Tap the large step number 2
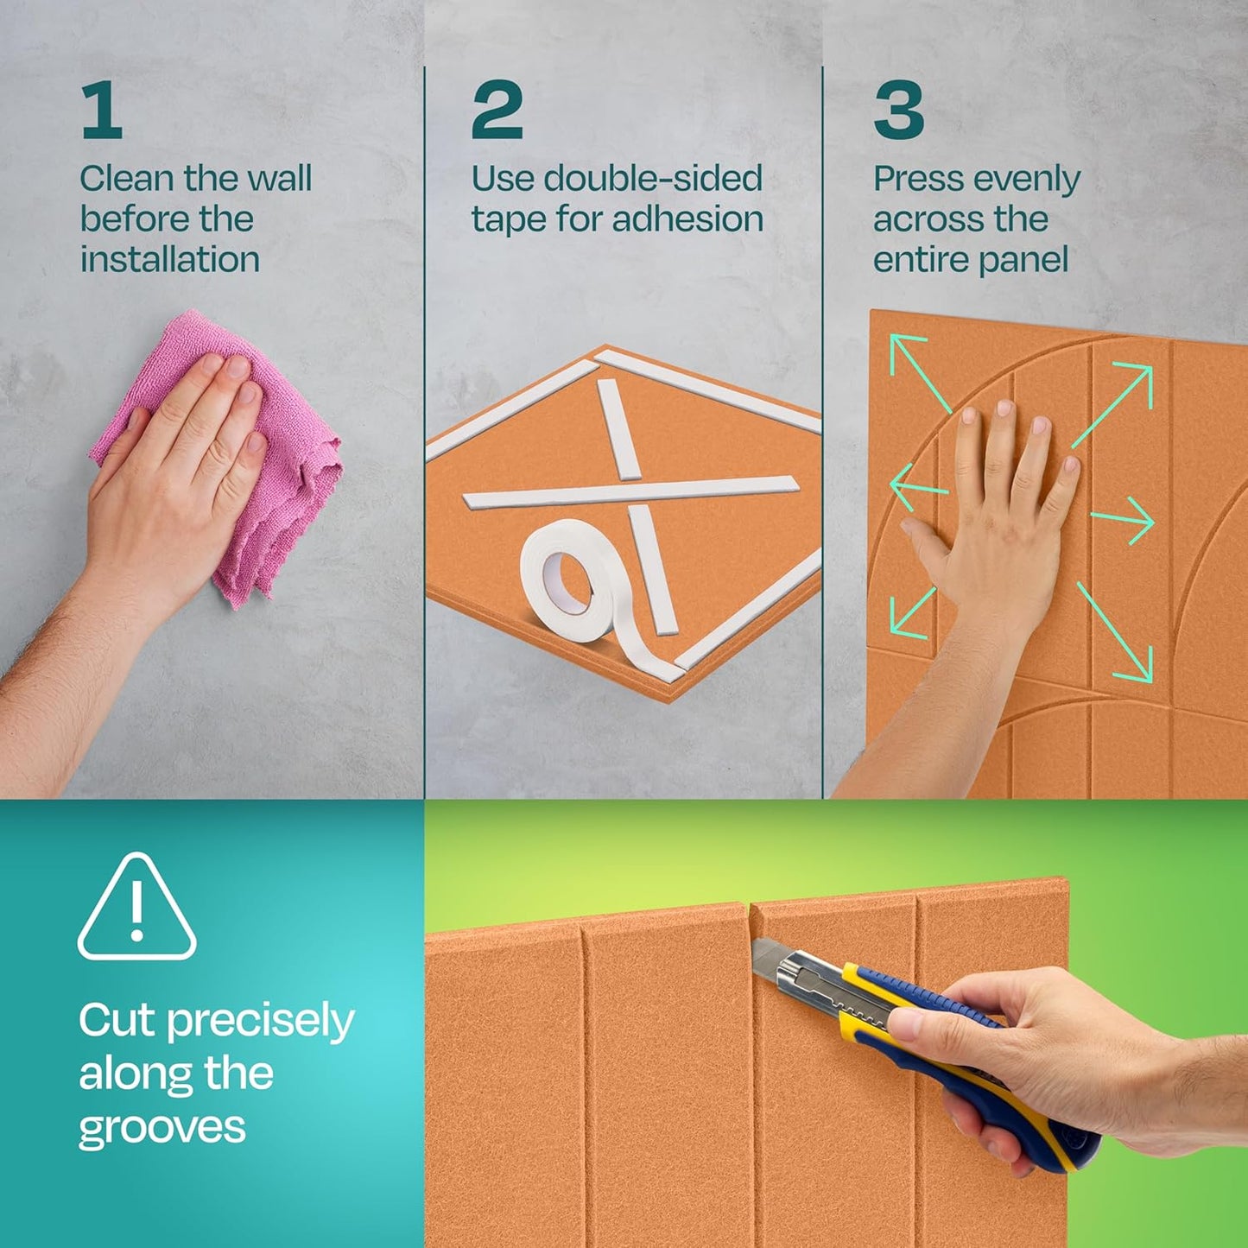tap(497, 110)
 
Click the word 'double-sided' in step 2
tap(653, 179)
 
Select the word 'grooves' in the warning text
tap(162, 1127)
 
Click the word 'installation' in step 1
tap(170, 259)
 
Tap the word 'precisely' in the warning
tap(260, 1022)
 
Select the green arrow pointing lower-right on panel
tap(1115, 631)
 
